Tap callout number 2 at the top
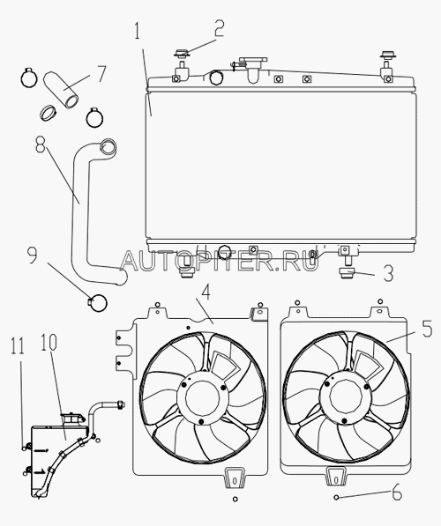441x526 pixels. tap(219, 28)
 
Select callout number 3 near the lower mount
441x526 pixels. tap(388, 273)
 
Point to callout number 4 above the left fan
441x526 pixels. tap(206, 291)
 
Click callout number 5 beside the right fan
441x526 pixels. tap(427, 329)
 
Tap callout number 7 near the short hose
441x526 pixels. tap(101, 74)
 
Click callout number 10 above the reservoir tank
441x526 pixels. tap(49, 343)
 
